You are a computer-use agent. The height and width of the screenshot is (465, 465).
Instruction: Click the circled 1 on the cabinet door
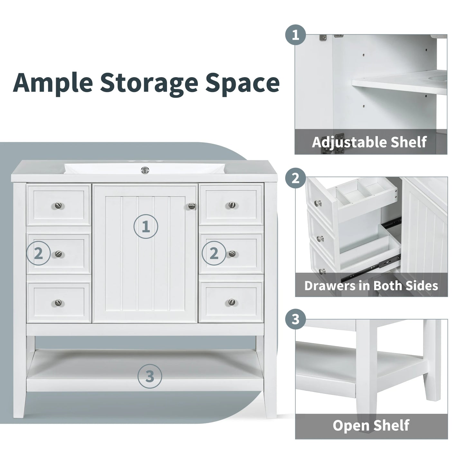(146, 227)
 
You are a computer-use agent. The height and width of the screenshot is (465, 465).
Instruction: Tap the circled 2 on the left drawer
(38, 254)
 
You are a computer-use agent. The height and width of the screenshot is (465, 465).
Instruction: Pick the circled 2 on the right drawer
(214, 254)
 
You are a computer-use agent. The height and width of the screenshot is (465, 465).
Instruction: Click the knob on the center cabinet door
(192, 206)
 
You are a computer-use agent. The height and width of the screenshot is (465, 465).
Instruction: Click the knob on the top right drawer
(231, 205)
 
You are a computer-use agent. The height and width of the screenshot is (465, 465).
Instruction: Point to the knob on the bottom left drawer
(58, 302)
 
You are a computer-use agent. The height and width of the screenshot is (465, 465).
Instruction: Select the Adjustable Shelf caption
(369, 142)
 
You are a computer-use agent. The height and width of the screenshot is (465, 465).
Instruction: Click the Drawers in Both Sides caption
(371, 285)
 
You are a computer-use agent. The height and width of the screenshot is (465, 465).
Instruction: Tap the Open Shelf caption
(371, 425)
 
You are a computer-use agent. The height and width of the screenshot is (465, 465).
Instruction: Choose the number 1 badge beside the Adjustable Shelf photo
(295, 35)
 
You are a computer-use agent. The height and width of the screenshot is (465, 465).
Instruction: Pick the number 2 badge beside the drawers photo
(295, 178)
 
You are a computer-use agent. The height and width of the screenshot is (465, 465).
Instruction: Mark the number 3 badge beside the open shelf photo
(295, 320)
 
